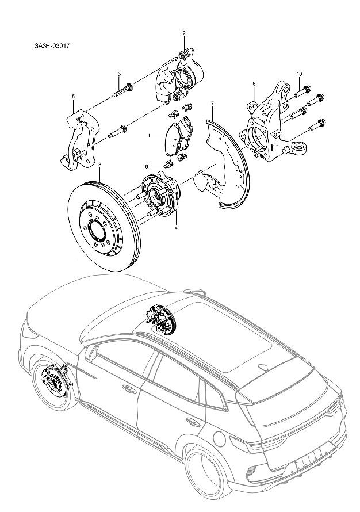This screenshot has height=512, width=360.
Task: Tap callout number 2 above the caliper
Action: (x=184, y=33)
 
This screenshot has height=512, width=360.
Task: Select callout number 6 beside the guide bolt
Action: (x=118, y=74)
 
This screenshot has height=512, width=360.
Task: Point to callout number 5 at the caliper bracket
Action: (x=73, y=97)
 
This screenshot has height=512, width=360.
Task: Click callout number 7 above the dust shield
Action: (x=212, y=104)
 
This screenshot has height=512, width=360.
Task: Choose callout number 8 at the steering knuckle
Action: (x=254, y=84)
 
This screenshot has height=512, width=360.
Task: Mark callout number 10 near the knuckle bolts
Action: (x=299, y=74)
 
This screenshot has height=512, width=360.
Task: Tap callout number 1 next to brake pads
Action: (x=149, y=136)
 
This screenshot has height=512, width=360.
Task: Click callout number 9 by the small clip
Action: (x=147, y=166)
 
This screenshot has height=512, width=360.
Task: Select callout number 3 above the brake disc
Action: (x=99, y=165)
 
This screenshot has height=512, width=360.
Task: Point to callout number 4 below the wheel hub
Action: (x=176, y=228)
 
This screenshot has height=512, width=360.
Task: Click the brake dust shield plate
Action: (x=227, y=161)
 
